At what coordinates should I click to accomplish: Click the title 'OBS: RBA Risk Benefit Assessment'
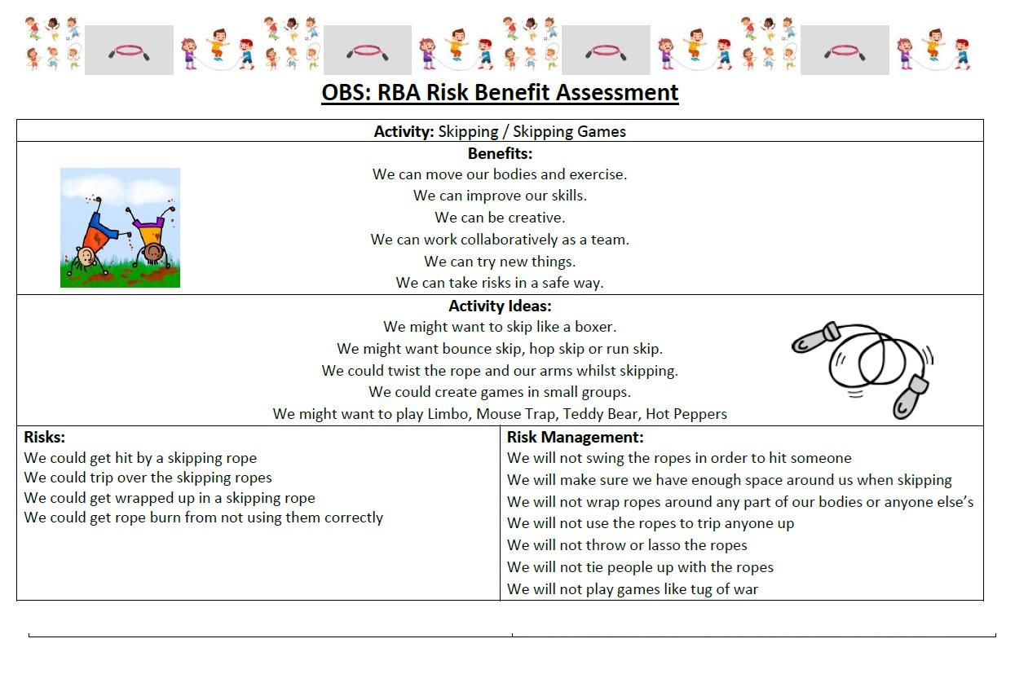[500, 93]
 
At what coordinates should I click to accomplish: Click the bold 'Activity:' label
[404, 131]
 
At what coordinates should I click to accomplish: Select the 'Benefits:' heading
[500, 153]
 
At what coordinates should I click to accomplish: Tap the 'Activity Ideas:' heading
[500, 306]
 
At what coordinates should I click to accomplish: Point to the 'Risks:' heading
[45, 438]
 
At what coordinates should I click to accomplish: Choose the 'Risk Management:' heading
[575, 438]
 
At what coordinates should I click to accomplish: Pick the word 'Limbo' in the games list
[448, 414]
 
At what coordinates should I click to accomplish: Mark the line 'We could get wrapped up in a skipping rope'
[170, 498]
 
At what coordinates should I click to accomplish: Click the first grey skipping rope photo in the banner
[129, 51]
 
